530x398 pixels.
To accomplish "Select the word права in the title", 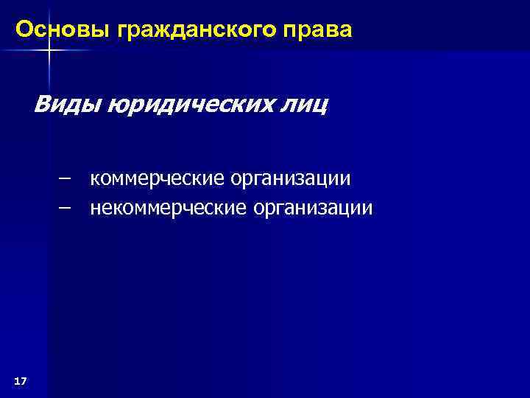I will pos(321,31).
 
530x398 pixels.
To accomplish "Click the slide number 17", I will pos(21,380).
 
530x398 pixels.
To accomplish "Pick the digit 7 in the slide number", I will pos(24,380).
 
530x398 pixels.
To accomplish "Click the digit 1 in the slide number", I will pos(17,380).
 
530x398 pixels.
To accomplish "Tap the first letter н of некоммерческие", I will pos(95,209).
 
